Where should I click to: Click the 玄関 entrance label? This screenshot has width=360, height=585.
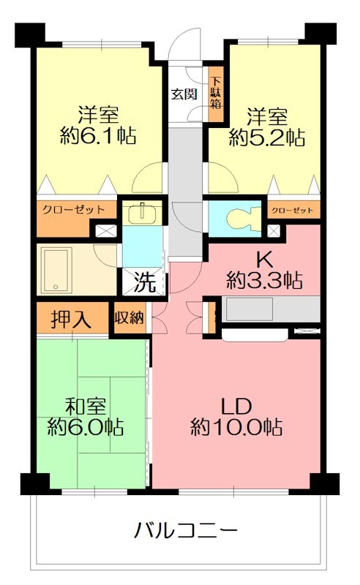click(183, 94)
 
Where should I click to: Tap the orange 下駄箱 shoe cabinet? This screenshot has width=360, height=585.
click(216, 93)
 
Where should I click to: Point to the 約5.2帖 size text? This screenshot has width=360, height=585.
click(266, 137)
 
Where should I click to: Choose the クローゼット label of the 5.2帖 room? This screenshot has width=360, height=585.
click(293, 211)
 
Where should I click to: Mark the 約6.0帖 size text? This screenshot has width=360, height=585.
click(85, 426)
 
